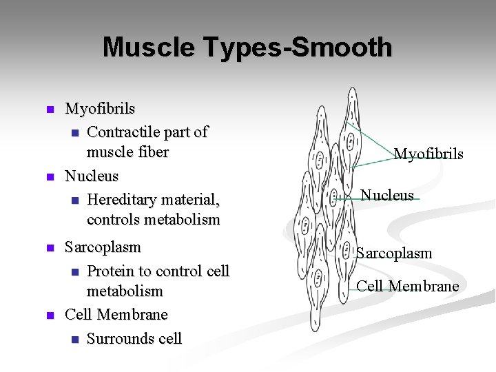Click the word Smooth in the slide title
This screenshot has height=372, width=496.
tap(342, 48)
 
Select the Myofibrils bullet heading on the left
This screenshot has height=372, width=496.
tap(100, 108)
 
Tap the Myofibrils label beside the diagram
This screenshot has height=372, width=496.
tap(428, 154)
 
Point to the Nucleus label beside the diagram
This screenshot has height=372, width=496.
tap(387, 195)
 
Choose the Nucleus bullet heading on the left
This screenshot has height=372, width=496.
tap(92, 176)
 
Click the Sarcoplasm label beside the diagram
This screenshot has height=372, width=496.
tap(394, 253)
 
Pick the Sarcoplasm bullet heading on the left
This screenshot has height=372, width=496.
tap(103, 247)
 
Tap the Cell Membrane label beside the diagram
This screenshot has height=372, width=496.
tap(408, 286)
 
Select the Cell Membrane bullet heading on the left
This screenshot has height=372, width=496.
tap(116, 314)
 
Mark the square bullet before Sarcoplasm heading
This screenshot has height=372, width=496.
tap(49, 247)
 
